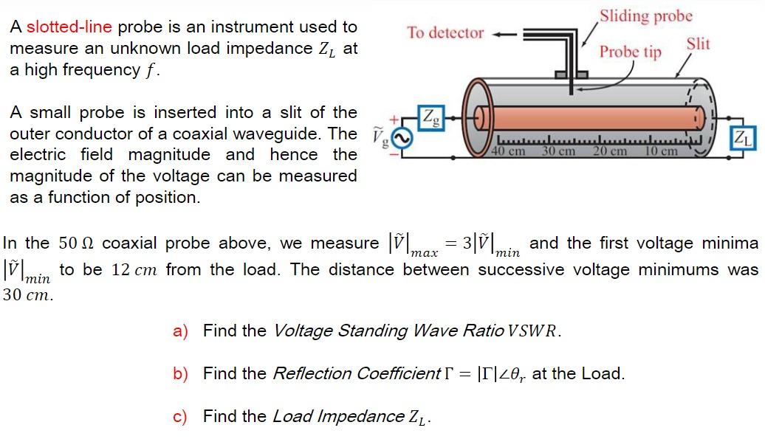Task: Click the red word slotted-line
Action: click(69, 27)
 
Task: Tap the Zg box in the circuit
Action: click(431, 118)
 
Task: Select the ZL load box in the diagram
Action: click(743, 139)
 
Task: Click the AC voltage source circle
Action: click(402, 139)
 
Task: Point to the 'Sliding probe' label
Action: click(646, 16)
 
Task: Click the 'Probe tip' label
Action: click(631, 52)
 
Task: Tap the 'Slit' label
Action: click(698, 44)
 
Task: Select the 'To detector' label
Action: click(445, 32)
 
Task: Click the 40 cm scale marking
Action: click(508, 151)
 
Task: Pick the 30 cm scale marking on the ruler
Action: click(559, 151)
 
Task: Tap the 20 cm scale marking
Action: click(610, 151)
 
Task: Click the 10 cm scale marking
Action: click(661, 151)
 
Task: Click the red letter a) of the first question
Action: click(180, 331)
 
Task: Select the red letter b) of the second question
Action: click(180, 374)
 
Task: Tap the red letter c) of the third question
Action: click(180, 417)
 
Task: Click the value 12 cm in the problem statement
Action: click(134, 269)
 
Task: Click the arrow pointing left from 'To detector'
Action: click(504, 35)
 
